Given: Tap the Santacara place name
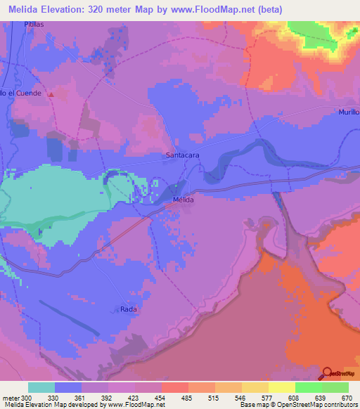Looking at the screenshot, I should (180, 155).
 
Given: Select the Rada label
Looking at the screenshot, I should (127, 309).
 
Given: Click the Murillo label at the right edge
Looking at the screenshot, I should (348, 112).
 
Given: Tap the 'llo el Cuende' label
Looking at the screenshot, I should (22, 93).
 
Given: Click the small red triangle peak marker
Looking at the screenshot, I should (51, 94).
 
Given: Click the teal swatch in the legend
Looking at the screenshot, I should (41, 387).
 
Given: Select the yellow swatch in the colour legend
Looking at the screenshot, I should (281, 387).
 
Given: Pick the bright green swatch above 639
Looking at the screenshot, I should (308, 387).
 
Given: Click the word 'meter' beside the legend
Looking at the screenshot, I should (11, 397).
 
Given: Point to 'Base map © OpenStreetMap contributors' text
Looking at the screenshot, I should (297, 405).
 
